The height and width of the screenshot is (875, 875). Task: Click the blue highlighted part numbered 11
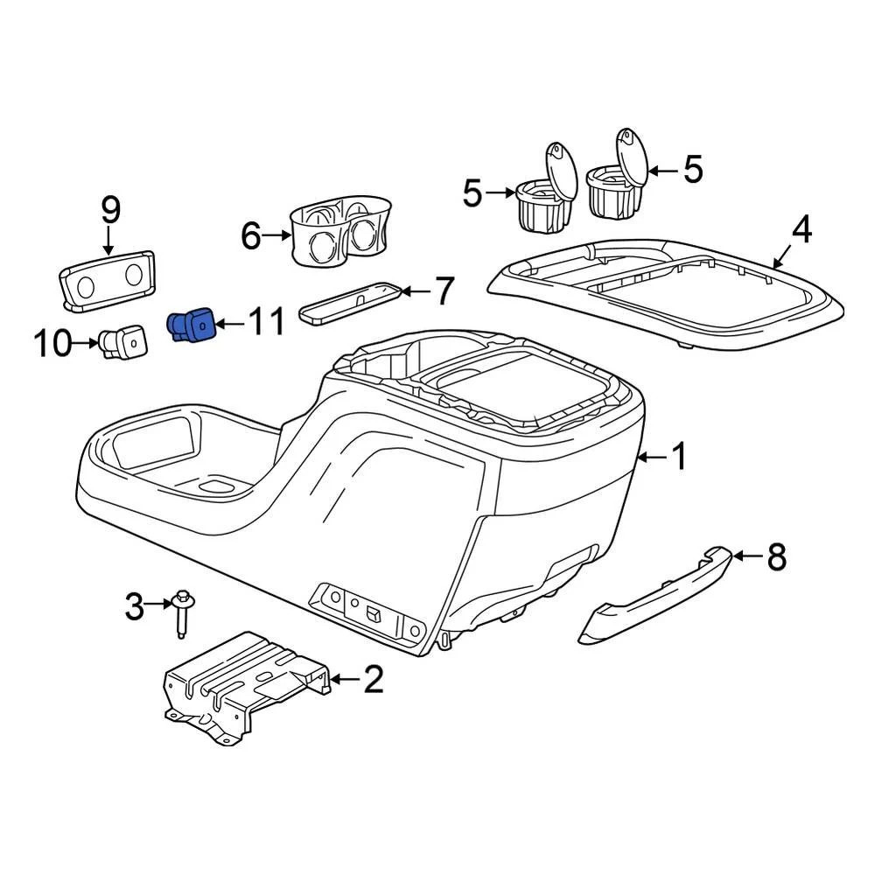coord(192,326)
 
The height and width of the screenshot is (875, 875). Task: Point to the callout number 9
coord(110,210)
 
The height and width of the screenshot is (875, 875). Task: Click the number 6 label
coord(252,235)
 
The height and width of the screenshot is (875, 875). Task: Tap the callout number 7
coord(444,291)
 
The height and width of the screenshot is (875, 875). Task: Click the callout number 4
coord(801,231)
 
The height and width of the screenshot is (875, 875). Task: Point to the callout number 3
coord(134,605)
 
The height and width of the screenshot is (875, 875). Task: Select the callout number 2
coord(373,679)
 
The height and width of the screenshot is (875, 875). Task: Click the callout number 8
coord(776,556)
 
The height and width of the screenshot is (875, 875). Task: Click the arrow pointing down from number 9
coord(110,241)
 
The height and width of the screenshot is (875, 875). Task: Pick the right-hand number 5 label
coord(693,169)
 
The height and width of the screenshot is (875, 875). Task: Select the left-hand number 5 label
coord(472,192)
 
